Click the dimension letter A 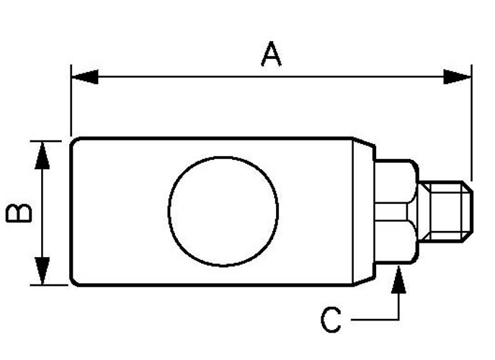coord(271,55)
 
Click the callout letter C coord(331,320)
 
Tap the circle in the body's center coord(223,211)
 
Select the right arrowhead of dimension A coord(458,76)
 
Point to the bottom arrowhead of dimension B coord(43,271)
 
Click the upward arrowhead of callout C coord(397,276)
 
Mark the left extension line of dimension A coord(71,101)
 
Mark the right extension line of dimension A coord(471,122)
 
